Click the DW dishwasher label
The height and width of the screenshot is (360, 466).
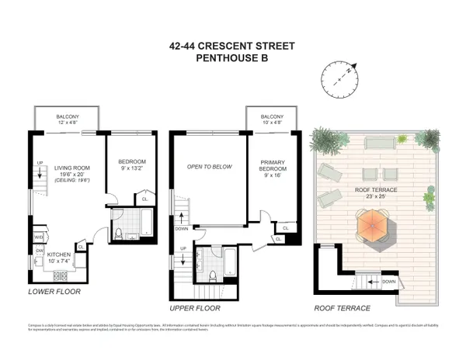(x=39, y=251)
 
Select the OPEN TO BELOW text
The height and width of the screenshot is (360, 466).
(x=206, y=166)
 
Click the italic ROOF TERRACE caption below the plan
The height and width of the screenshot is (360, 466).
(x=342, y=307)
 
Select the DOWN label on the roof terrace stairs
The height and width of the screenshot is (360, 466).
(x=389, y=282)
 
